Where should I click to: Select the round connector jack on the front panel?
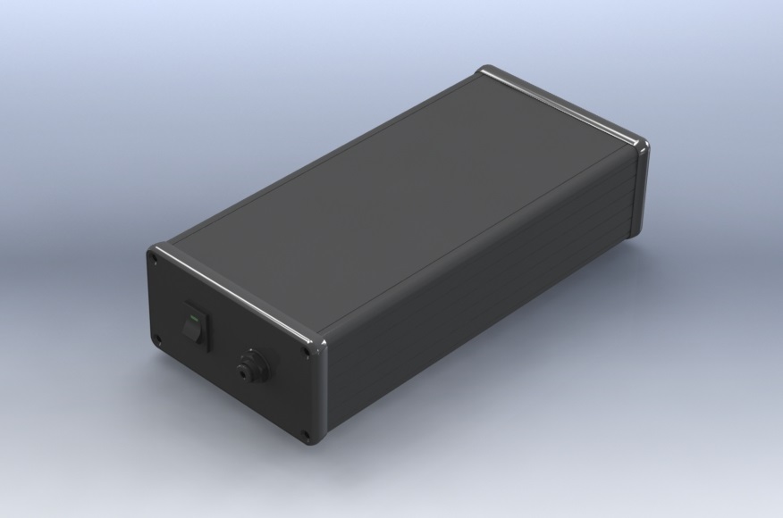(247, 367)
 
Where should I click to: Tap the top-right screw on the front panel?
(308, 351)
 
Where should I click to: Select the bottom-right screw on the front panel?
(306, 436)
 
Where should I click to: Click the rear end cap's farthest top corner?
(488, 70)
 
